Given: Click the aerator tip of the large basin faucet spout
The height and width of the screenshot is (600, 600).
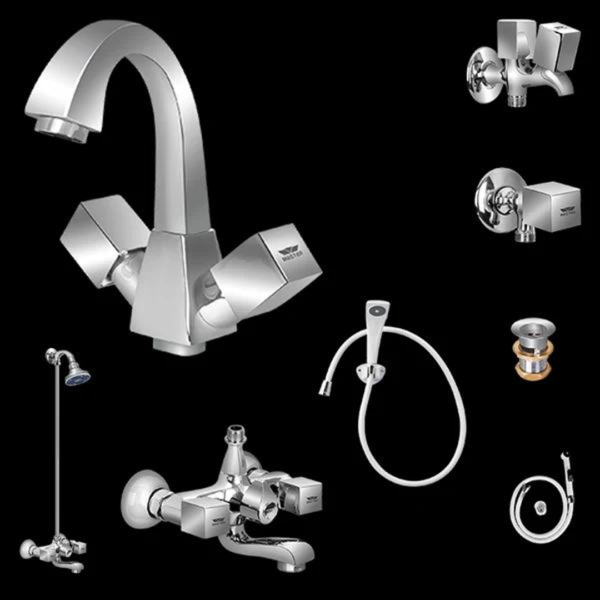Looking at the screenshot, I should tap(62, 131).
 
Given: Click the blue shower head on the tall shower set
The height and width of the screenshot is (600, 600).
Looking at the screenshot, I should tap(77, 378).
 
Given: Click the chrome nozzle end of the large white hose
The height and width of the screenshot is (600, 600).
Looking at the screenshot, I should tap(324, 389).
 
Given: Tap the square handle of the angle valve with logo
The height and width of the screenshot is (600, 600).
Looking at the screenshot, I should tap(553, 207).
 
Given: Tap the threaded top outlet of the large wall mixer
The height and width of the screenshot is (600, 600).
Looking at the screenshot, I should tap(236, 433).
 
